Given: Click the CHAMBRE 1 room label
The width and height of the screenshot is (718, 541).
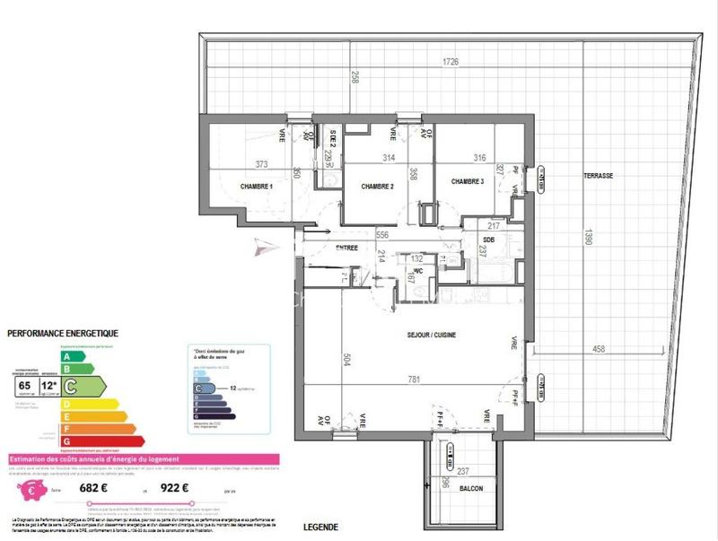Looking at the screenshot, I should point(256,186).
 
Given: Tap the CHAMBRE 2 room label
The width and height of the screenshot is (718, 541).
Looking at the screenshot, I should point(378,186).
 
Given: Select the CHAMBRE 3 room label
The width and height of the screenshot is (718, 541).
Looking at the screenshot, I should point(468,181).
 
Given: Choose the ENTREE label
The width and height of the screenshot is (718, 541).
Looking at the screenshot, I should point(346,248).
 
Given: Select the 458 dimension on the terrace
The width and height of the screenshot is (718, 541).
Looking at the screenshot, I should point(600,349).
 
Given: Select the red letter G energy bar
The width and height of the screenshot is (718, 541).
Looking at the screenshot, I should point(101,441).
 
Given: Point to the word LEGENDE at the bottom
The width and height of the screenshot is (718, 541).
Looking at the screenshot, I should point(321,527).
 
